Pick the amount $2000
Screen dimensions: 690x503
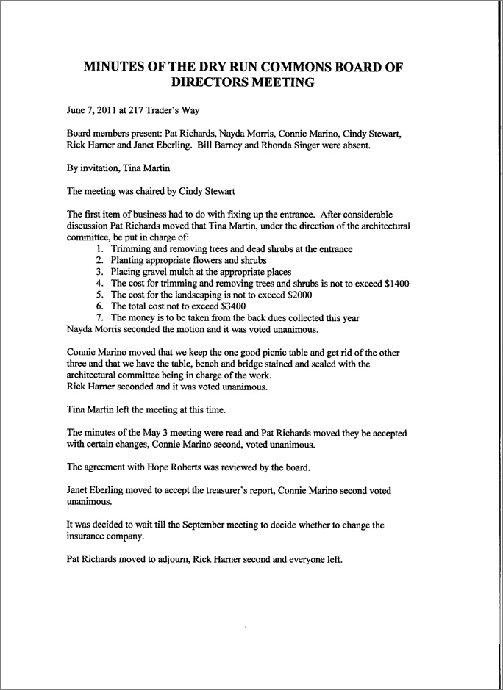271,294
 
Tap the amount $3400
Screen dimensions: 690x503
229,306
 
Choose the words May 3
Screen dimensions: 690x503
156,432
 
